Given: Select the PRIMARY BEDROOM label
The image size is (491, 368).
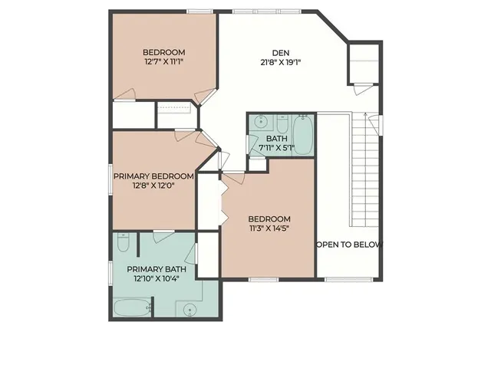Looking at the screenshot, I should pyautogui.click(x=153, y=176).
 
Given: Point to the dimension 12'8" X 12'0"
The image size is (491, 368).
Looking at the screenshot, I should pyautogui.click(x=153, y=186).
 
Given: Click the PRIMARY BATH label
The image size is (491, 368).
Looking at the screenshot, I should pyautogui.click(x=157, y=269).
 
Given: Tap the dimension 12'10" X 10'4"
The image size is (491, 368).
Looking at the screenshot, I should pyautogui.click(x=157, y=279).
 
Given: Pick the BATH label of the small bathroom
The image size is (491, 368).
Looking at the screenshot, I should pyautogui.click(x=276, y=139).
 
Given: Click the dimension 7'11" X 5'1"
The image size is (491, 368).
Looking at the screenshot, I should pyautogui.click(x=276, y=148).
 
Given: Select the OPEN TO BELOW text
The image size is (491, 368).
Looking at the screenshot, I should pyautogui.click(x=349, y=245).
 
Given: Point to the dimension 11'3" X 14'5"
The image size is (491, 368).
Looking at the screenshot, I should pyautogui.click(x=269, y=228).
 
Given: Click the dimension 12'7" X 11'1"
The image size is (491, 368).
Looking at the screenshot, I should pyautogui.click(x=163, y=63).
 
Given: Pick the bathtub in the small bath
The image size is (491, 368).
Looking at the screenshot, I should pyautogui.click(x=303, y=135).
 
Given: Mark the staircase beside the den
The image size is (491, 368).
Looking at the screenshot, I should pyautogui.click(x=365, y=169).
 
